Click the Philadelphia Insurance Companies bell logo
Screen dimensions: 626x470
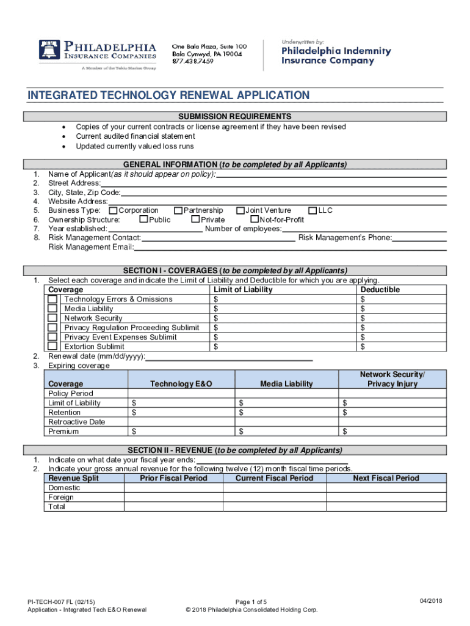coord(48,51)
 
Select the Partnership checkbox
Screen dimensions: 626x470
coord(178,211)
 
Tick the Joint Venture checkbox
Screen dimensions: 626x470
coord(240,211)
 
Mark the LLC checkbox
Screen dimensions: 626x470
coord(313,211)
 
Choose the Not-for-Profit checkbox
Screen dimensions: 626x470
coord(255,220)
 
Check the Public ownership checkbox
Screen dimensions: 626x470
coord(143,220)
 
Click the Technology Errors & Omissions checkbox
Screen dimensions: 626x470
coord(53,300)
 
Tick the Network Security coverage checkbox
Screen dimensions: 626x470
coord(53,319)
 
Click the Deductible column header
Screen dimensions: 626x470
coord(380,290)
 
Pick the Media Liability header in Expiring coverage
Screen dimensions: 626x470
coord(286,384)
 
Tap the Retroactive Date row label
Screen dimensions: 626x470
coord(76,422)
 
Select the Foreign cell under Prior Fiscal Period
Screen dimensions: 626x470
coord(173,498)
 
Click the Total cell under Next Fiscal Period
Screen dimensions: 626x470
coord(386,507)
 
